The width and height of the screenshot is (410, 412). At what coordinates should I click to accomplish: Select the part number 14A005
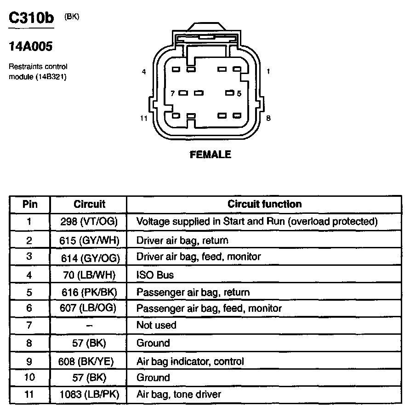click(30, 46)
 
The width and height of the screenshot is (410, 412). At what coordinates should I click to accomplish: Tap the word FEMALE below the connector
click(211, 155)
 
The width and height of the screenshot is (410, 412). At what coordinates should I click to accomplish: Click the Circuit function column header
click(265, 204)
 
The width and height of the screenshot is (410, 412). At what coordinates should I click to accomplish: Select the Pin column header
click(30, 204)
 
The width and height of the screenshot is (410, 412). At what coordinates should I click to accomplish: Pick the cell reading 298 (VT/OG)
click(89, 222)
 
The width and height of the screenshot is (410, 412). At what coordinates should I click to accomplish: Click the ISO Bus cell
click(155, 275)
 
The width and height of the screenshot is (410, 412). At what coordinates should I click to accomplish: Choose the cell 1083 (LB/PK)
click(89, 394)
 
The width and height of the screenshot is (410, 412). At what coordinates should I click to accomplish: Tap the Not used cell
click(156, 325)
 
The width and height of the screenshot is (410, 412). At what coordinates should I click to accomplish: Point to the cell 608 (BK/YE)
click(89, 361)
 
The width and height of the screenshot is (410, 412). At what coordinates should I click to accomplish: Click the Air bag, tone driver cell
click(179, 394)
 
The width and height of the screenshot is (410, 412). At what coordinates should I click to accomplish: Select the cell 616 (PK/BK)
click(89, 292)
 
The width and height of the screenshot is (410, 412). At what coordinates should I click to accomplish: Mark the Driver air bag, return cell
click(182, 240)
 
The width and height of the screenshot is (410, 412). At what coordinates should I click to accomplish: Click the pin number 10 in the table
click(30, 378)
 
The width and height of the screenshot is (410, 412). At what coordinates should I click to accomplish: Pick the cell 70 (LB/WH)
click(89, 275)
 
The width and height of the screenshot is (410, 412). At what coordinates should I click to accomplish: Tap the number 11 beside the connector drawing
click(144, 118)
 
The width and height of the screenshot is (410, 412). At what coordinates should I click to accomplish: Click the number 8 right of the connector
click(268, 118)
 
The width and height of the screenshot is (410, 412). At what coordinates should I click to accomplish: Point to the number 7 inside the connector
click(172, 93)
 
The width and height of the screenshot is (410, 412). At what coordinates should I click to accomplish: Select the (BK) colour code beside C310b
click(72, 16)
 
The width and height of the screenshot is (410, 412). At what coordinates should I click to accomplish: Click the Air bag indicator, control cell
click(190, 361)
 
